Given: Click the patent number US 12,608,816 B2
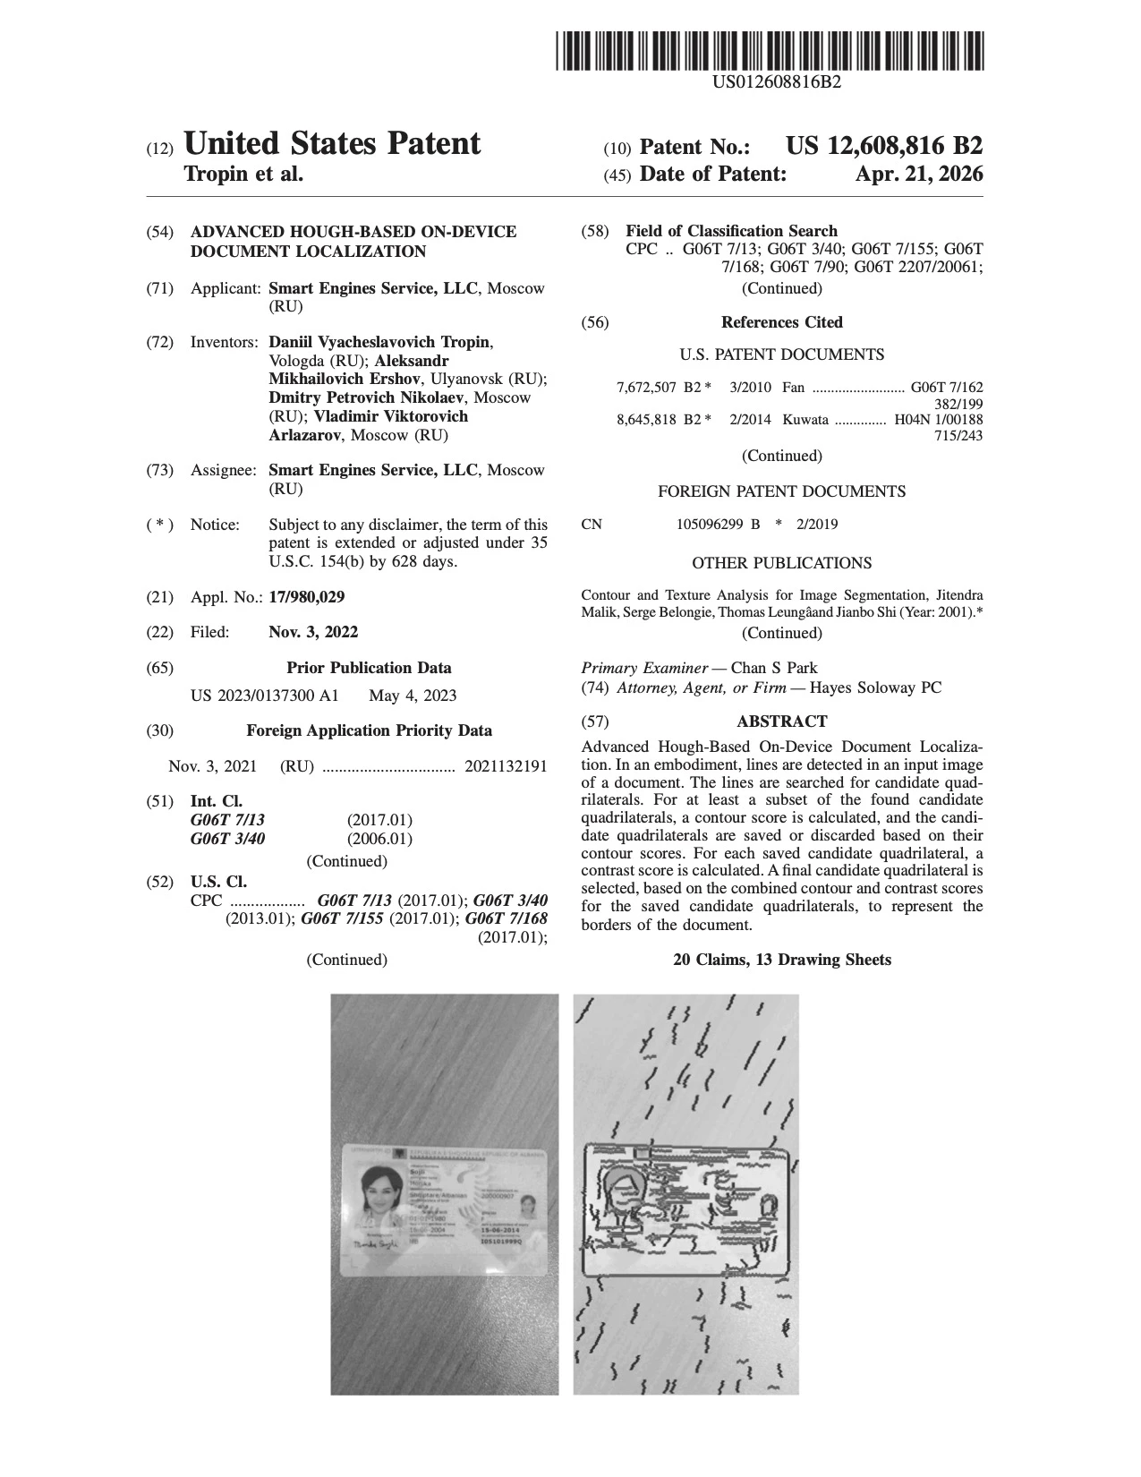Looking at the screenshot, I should pyautogui.click(x=883, y=146).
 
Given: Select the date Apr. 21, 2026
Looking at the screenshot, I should pyautogui.click(x=918, y=174).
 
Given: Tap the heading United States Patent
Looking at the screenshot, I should pyautogui.click(x=332, y=143).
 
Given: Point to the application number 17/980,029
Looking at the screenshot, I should pyautogui.click(x=306, y=597).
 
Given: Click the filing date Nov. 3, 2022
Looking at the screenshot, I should pyautogui.click(x=313, y=632).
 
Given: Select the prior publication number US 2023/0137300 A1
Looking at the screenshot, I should pyautogui.click(x=265, y=696).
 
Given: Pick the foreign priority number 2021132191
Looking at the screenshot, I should pyautogui.click(x=506, y=766).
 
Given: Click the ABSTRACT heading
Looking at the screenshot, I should pyautogui.click(x=781, y=721).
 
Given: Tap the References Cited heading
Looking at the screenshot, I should pyautogui.click(x=781, y=322).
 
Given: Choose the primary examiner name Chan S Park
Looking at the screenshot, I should pyautogui.click(x=774, y=668).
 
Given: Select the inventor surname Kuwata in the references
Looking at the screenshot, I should pyautogui.click(x=805, y=419).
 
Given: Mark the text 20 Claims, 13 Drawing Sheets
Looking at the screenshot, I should pyautogui.click(x=781, y=960).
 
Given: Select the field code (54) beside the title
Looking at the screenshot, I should pyautogui.click(x=159, y=232).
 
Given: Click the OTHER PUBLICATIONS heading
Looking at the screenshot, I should pyautogui.click(x=781, y=563).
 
